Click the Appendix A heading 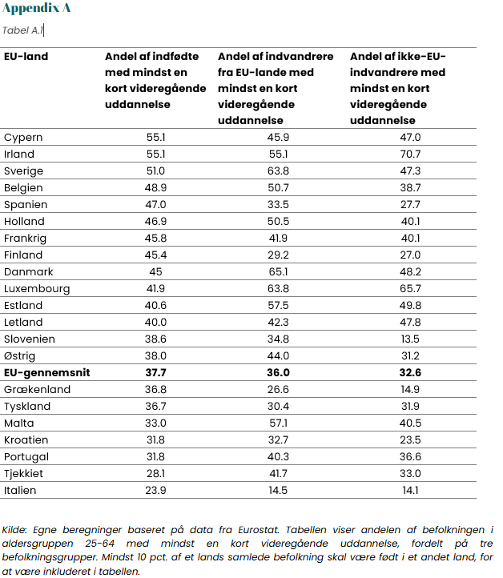pyautogui.click(x=36, y=8)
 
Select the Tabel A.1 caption pyautogui.click(x=22, y=30)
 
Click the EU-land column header pyautogui.click(x=26, y=56)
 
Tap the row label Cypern pyautogui.click(x=23, y=138)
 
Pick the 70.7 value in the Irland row pyautogui.click(x=410, y=154)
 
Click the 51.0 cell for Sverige pyautogui.click(x=155, y=171)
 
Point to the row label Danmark pyautogui.click(x=28, y=272)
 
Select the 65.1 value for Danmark pyautogui.click(x=278, y=272)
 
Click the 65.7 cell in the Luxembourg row pyautogui.click(x=410, y=289)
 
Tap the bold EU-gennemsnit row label pyautogui.click(x=46, y=373)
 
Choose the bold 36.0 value pyautogui.click(x=278, y=373)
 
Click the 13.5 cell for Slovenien pyautogui.click(x=410, y=339)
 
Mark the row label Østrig pyautogui.click(x=19, y=356)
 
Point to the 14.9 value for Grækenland pyautogui.click(x=410, y=390)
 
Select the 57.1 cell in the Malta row pyautogui.click(x=278, y=423)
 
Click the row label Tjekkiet pyautogui.click(x=23, y=474)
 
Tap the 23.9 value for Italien pyautogui.click(x=155, y=491)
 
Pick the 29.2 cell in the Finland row pyautogui.click(x=278, y=255)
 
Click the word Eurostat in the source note pyautogui.click(x=259, y=530)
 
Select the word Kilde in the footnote pyautogui.click(x=14, y=530)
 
